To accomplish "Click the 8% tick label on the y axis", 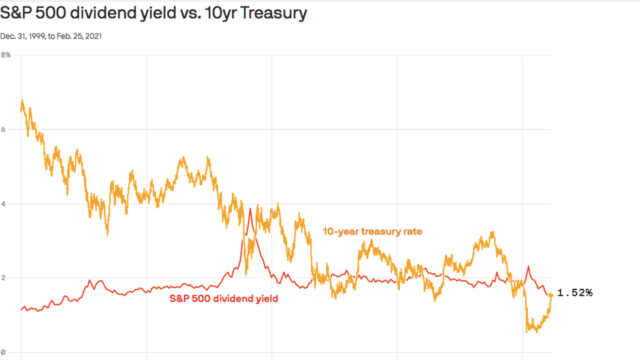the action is (x=6, y=55).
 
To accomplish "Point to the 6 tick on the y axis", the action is (x=3, y=129).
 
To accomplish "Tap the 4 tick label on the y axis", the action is (x=3, y=204).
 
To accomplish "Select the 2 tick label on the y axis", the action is (x=3, y=278).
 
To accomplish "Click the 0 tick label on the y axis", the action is (x=3, y=352).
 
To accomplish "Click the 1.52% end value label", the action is (x=575, y=293).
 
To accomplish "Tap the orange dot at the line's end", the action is (x=551, y=295).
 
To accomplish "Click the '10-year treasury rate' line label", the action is (x=372, y=231).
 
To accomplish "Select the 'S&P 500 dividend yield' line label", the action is (x=223, y=299).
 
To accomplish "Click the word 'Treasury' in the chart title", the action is (x=274, y=13).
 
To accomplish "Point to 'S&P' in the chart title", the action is (x=16, y=12).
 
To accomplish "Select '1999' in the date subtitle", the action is (x=37, y=37).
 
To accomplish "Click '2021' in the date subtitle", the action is (x=93, y=37).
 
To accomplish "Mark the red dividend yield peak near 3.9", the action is (x=250, y=208).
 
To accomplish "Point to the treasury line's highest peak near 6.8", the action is (x=22, y=100).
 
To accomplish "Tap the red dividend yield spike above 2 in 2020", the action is (x=528, y=267).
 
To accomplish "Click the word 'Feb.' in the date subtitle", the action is (x=64, y=37).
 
